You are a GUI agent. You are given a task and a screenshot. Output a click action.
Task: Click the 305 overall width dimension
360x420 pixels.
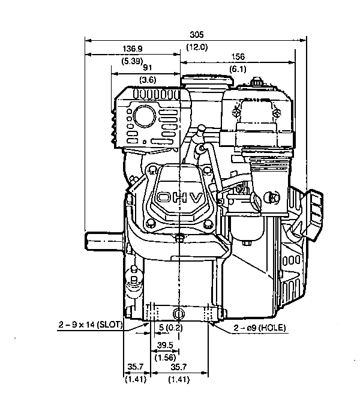point(197,35)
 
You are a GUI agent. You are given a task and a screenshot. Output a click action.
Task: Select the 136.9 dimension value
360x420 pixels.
point(133,49)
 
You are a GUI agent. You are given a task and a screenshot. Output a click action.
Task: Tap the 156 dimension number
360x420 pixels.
point(238,56)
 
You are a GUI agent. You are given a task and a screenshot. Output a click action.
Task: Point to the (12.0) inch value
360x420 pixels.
point(197,47)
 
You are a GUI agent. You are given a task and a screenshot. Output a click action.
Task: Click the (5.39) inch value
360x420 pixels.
point(132,61)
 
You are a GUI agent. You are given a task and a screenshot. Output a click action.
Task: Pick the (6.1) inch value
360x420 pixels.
point(238,69)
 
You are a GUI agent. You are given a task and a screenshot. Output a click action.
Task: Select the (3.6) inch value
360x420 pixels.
point(148,80)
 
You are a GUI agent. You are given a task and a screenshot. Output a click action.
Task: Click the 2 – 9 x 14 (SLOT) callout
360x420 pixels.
point(91,325)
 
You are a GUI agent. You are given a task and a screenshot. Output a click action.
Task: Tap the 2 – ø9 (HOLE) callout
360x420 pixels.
point(260,328)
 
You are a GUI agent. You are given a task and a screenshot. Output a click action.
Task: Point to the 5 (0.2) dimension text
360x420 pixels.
point(170,328)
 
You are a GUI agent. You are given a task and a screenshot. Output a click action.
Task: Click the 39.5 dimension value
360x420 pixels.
point(165,345)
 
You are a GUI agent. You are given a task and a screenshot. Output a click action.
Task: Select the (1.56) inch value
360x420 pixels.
point(165,358)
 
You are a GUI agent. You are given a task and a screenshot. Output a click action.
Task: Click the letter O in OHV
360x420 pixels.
point(163,197)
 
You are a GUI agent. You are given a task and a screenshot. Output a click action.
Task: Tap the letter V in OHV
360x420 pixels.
point(197,198)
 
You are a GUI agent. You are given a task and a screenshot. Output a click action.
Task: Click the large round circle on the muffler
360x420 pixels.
point(145,116)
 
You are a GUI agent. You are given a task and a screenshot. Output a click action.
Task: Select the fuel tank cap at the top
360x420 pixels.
point(207,80)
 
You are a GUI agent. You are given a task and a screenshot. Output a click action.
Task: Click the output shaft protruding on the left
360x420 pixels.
point(104,241)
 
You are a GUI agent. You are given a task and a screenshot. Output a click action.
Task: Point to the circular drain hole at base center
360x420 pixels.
point(179,313)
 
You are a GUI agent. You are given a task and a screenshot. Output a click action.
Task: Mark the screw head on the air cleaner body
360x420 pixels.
point(272,197)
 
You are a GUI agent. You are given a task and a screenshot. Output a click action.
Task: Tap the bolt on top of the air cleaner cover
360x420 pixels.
point(256,82)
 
